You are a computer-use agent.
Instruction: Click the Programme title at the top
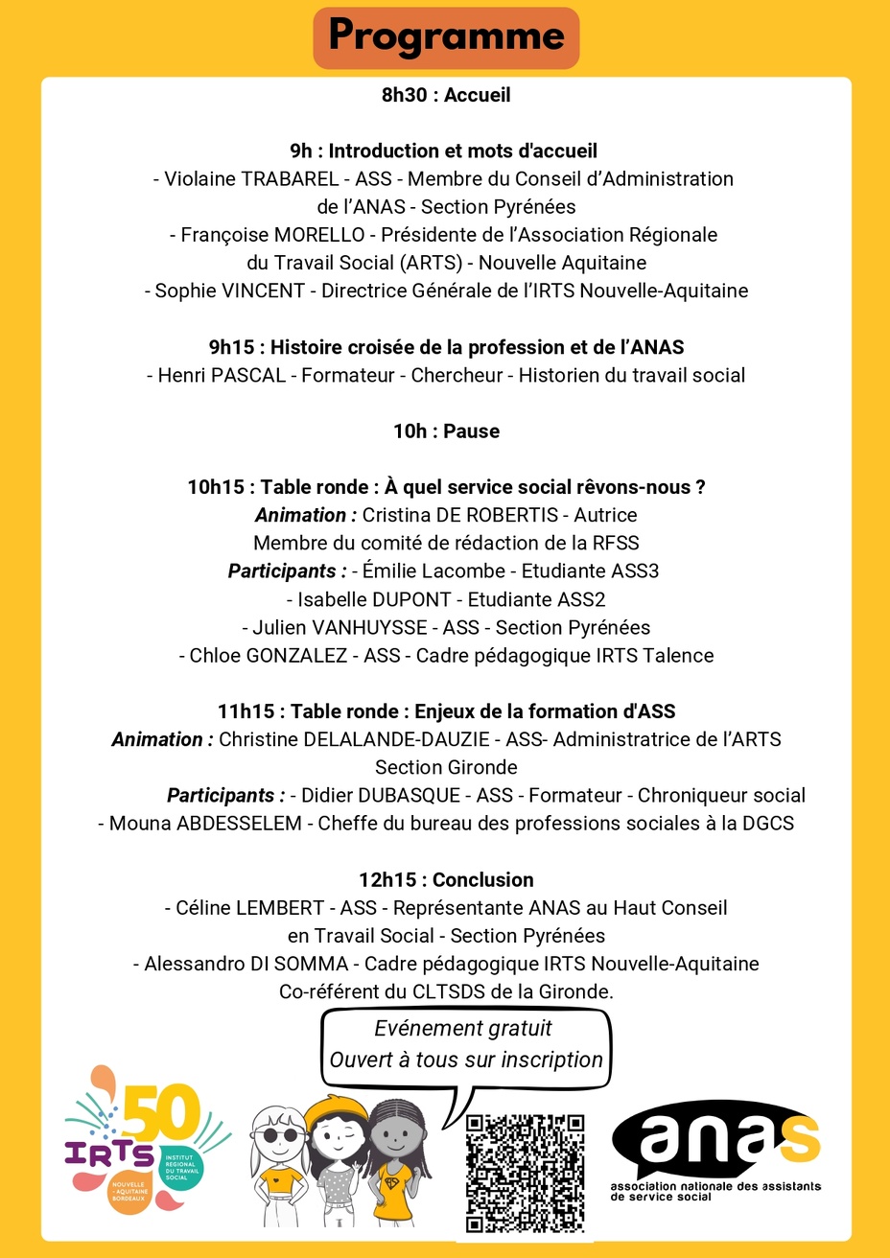(446, 36)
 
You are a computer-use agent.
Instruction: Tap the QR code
(525, 1173)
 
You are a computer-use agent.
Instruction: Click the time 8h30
(404, 95)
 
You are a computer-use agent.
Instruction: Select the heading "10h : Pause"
(446, 431)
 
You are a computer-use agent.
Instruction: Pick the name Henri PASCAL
(222, 376)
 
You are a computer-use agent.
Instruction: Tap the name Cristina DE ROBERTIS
(459, 516)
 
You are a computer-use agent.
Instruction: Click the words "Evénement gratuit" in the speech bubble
(463, 1029)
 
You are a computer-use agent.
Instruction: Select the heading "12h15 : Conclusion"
(446, 880)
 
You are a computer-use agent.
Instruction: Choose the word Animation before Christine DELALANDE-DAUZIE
(157, 740)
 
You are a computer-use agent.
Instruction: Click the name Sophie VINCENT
(230, 291)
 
